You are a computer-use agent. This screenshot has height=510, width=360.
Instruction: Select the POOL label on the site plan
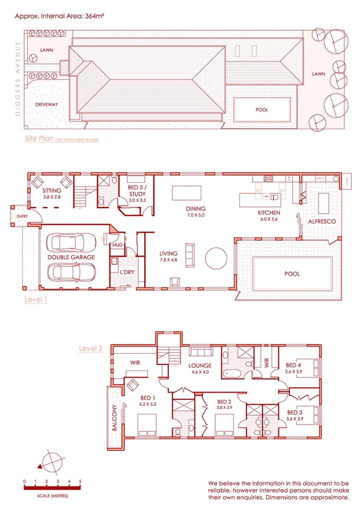[262, 110]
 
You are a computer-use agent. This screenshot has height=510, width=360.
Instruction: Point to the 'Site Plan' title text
[39, 139]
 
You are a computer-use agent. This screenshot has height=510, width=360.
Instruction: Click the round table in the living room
[216, 261]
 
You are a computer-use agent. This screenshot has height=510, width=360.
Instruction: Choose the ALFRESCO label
[322, 222]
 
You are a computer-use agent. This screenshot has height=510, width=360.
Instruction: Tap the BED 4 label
[293, 365]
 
